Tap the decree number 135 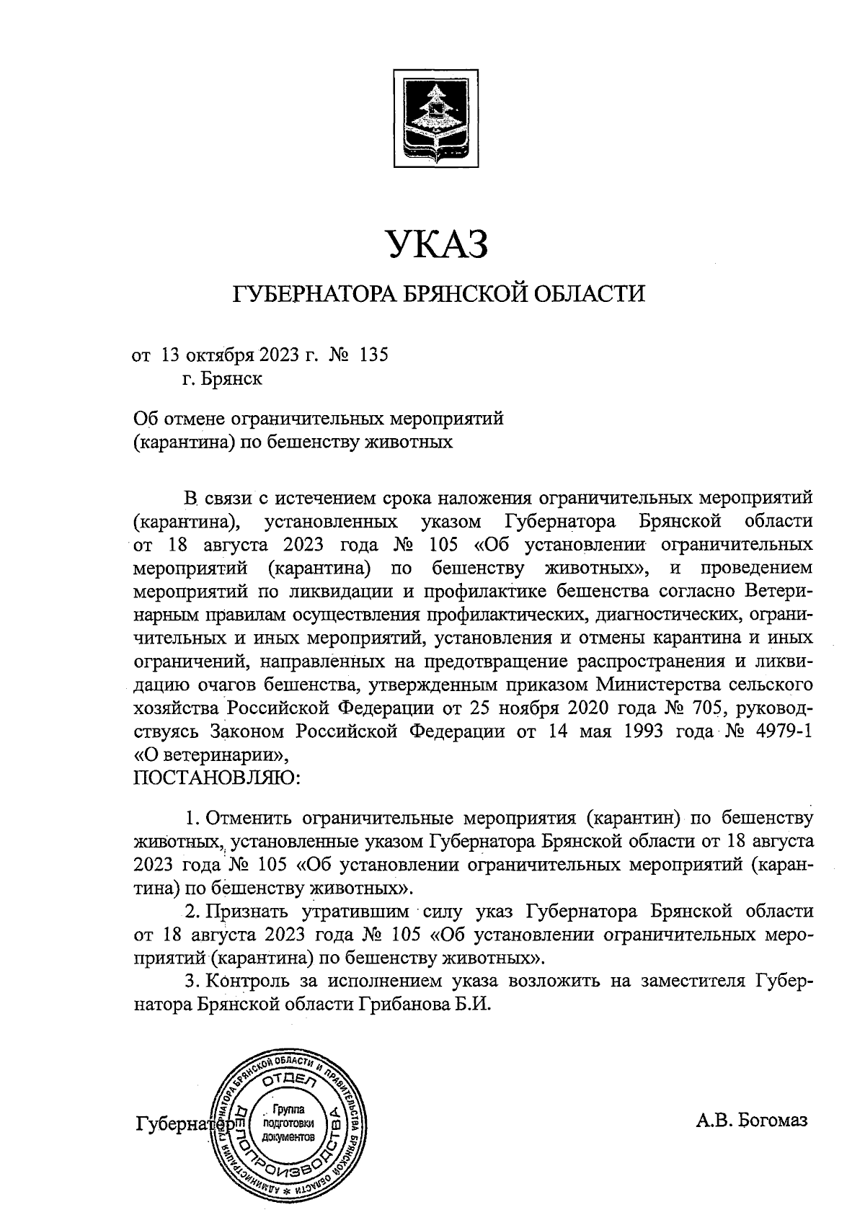coord(373,355)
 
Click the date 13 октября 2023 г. coord(239,355)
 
